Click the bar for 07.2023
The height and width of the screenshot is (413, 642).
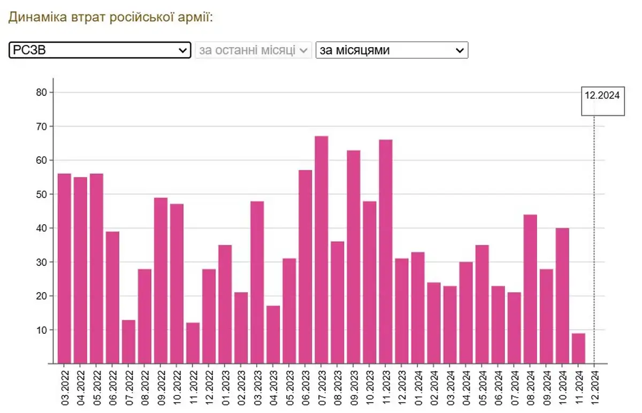tap(321, 250)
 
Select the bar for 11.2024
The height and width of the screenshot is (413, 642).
tap(578, 348)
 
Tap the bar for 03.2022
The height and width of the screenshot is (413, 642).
tap(64, 269)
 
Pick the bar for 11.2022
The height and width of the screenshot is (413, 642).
tap(193, 343)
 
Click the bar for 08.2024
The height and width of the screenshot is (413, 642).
tap(530, 289)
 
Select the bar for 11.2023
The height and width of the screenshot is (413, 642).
tap(386, 251)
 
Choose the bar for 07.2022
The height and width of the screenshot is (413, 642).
tap(128, 341)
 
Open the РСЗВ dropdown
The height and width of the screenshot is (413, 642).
tap(100, 50)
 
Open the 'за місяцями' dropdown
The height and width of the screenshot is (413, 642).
tap(392, 50)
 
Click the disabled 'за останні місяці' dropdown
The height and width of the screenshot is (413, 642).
tap(253, 50)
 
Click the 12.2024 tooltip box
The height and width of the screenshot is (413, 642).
tap(602, 101)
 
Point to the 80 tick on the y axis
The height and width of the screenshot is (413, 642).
tap(41, 93)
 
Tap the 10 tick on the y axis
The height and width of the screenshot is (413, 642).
tap(41, 330)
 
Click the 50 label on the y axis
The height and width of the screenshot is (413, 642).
tap(41, 194)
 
